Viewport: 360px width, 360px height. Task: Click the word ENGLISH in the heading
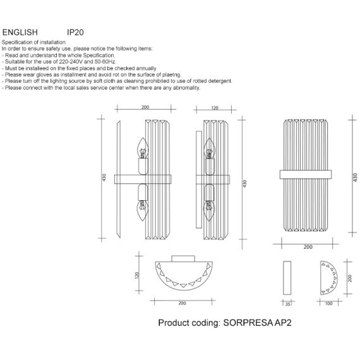click(20, 32)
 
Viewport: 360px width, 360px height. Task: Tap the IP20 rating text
click(75, 32)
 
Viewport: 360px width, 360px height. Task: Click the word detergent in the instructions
click(220, 81)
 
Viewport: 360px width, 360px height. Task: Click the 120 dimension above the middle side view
click(215, 108)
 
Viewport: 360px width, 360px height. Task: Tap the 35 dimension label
click(287, 304)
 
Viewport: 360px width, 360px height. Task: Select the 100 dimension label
click(328, 304)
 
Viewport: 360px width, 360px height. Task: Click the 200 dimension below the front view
click(308, 247)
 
